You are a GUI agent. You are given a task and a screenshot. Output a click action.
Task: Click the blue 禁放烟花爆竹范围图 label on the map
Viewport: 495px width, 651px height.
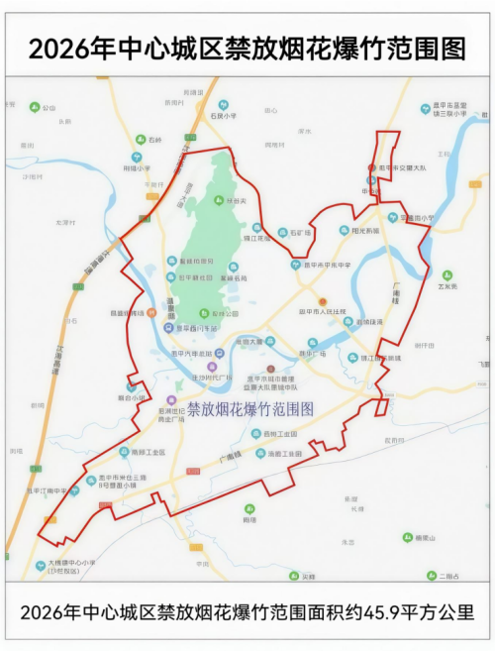coord(249,408)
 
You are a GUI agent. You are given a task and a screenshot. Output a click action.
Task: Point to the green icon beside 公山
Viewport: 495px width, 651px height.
coord(36,107)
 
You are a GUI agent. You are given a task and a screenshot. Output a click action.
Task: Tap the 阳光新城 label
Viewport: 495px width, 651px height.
coord(366,230)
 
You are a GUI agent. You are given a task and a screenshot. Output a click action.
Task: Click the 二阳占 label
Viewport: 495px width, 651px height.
coord(450,575)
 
